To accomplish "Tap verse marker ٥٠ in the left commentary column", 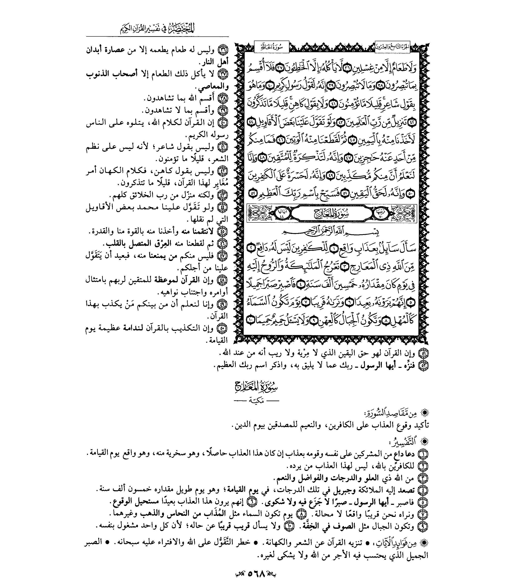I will (223, 328).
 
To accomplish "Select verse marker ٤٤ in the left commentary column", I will (223, 207).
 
